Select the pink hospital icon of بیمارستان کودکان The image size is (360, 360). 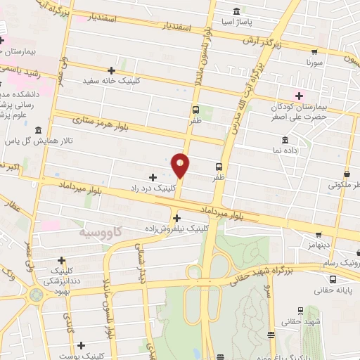point(300,96)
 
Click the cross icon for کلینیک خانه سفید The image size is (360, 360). point(111,70)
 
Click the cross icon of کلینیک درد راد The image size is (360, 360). point(153,176)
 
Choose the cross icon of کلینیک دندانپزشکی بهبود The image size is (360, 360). point(62,259)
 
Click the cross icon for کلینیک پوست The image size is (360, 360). point(82,345)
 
